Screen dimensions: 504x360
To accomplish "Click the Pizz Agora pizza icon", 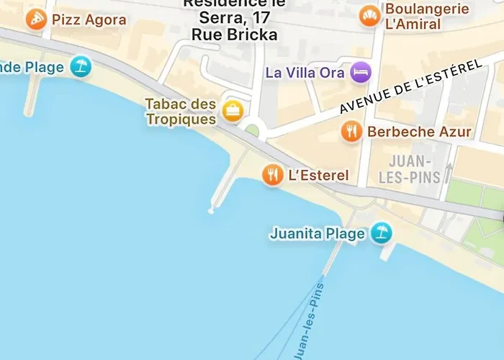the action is click(36, 19).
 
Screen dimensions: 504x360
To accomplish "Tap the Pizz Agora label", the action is click(89, 19).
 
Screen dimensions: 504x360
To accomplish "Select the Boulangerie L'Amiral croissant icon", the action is click(370, 16).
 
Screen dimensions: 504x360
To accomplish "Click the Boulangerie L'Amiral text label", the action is click(427, 16).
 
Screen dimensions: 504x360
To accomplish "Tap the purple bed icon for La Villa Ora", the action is click(360, 72).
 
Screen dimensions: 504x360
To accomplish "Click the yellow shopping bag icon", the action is click(233, 111).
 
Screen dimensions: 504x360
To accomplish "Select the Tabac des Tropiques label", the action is click(181, 112).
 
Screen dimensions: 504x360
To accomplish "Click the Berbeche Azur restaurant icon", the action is click(351, 131).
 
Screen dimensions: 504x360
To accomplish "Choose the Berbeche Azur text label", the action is click(419, 132).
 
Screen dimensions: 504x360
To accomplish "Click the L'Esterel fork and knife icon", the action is click(272, 174).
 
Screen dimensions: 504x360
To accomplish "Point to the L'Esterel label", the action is click(318, 175).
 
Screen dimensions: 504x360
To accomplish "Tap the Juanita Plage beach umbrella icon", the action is click(381, 233).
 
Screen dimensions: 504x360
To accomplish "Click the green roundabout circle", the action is click(252, 131).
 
